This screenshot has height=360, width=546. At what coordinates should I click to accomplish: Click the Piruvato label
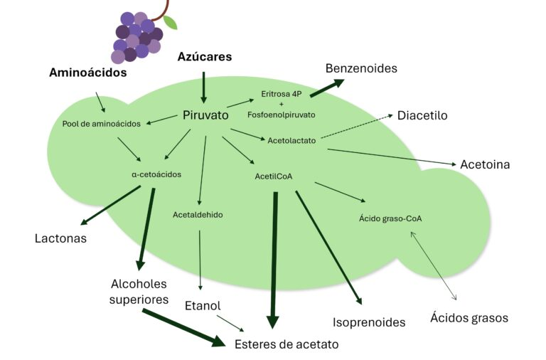[x=205, y=115]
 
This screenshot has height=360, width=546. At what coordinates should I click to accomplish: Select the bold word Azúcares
[x=205, y=57]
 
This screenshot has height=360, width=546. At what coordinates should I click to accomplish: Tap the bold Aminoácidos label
[x=88, y=73]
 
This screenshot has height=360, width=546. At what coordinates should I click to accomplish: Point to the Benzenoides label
[x=361, y=68]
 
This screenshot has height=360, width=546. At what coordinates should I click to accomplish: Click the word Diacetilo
[x=422, y=115]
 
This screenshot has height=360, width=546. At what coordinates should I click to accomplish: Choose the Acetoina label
[x=485, y=164]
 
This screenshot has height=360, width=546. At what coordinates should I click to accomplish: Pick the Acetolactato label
[x=291, y=140]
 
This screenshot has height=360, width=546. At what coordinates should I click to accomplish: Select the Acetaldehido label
[x=198, y=214]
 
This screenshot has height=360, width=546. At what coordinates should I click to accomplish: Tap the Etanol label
[x=203, y=305]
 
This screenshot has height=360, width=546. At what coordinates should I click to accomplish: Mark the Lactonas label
[x=60, y=238]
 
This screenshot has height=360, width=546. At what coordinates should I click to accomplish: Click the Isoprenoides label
[x=369, y=322]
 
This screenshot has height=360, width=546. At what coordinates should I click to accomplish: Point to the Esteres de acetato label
[x=287, y=344]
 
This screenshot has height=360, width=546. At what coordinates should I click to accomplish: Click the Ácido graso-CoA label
[x=390, y=218]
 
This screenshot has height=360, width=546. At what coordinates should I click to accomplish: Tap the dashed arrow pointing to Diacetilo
[x=355, y=127]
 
